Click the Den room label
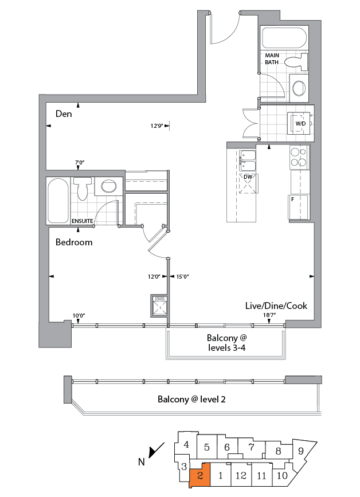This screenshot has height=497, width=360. point(63,114)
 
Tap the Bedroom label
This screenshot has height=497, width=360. point(74,242)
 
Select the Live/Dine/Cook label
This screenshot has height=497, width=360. point(276,306)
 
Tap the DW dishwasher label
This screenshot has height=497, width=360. point(248,177)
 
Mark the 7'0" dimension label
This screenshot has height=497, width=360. point(80,163)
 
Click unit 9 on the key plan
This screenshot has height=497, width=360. point(302,451)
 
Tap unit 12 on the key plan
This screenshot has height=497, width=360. point(241,475)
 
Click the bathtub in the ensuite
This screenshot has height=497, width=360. point(58,201)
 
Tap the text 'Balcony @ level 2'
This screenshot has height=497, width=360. point(191,399)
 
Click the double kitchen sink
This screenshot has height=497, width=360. point(248,161)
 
